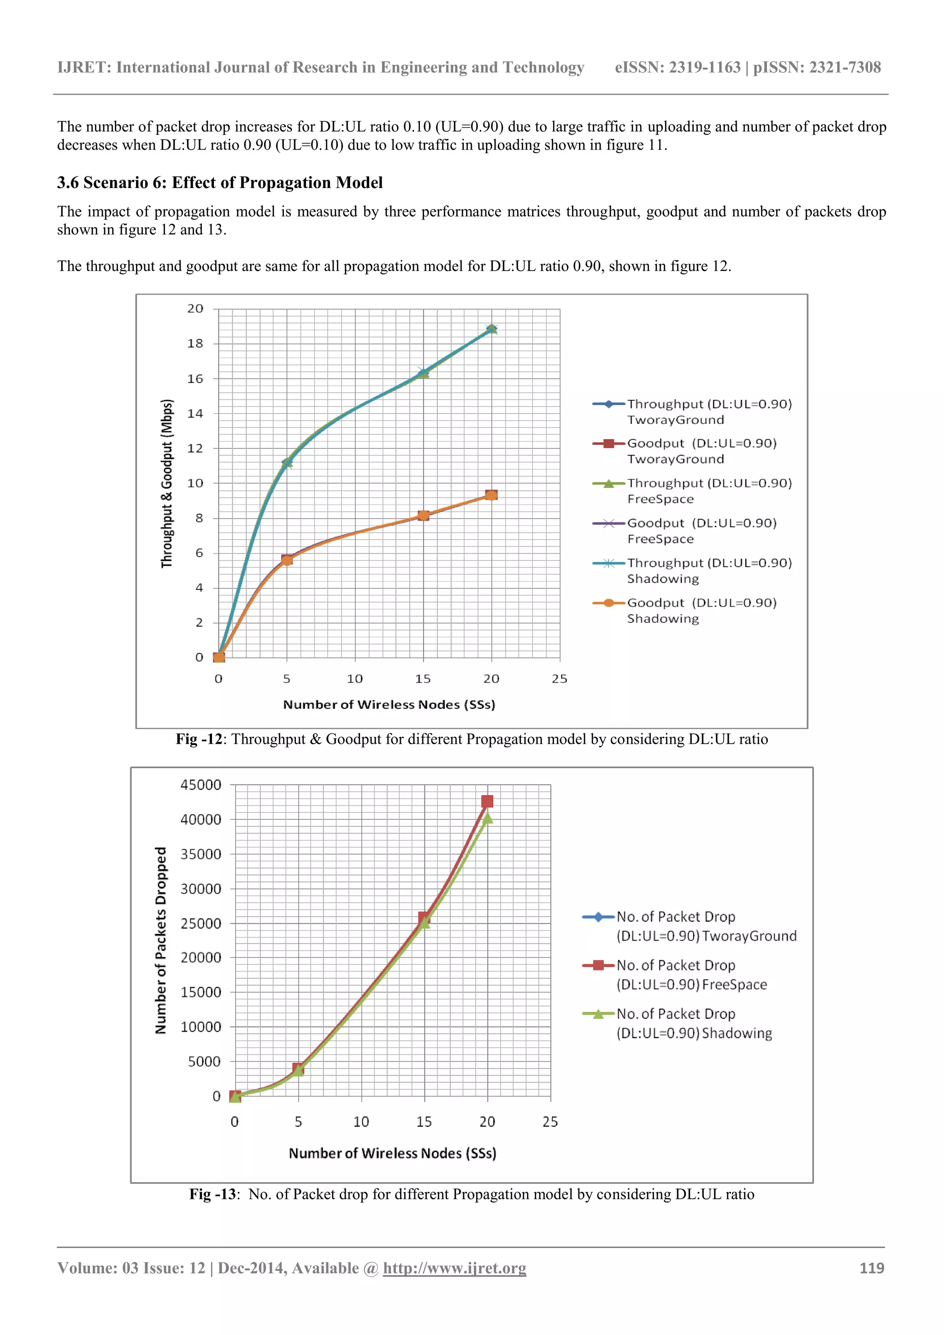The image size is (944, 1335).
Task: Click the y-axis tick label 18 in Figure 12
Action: pyautogui.click(x=195, y=344)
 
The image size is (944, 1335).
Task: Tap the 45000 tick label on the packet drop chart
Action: pyautogui.click(x=201, y=785)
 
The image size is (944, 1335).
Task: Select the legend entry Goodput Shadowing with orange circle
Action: pyautogui.click(x=702, y=611)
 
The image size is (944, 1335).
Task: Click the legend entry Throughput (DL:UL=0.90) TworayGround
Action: pyautogui.click(x=708, y=412)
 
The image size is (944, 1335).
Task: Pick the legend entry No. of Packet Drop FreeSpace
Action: pyautogui.click(x=691, y=975)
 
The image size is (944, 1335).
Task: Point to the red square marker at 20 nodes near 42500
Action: pyautogui.click(x=487, y=801)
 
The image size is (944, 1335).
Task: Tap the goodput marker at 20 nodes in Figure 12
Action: pyautogui.click(x=491, y=495)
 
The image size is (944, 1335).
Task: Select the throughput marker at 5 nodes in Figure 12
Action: pyautogui.click(x=287, y=463)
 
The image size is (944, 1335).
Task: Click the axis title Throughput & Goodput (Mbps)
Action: pyautogui.click(x=167, y=483)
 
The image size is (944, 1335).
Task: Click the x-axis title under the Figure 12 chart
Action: pyautogui.click(x=389, y=705)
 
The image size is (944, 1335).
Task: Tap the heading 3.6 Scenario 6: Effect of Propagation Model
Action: pyautogui.click(x=220, y=182)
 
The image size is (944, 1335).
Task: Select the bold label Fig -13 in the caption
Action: pyautogui.click(x=212, y=1194)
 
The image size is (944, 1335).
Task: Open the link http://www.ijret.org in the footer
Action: pyautogui.click(x=454, y=1268)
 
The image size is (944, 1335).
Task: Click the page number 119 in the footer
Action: pyautogui.click(x=871, y=1268)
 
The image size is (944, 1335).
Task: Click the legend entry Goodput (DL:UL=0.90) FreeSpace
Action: pyautogui.click(x=701, y=531)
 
